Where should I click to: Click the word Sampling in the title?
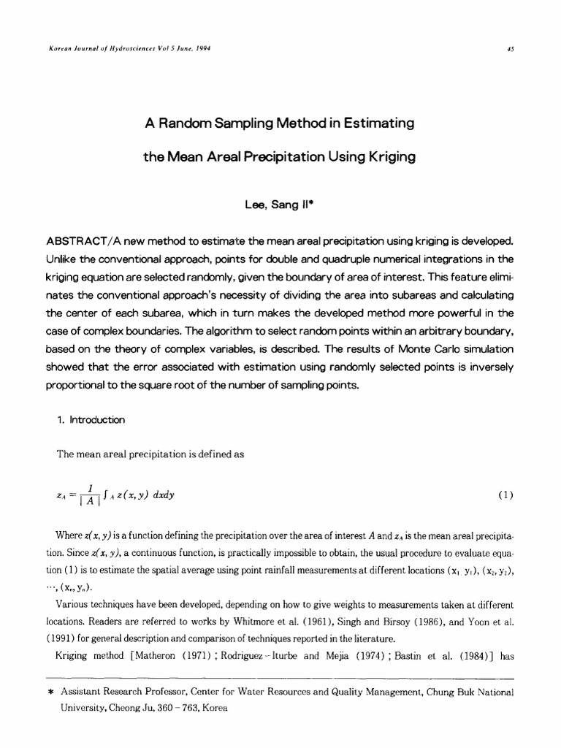[x=237, y=123]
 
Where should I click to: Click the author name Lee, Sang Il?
[x=280, y=206]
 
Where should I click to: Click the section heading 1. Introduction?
[x=91, y=420]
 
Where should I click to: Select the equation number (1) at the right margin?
[x=505, y=495]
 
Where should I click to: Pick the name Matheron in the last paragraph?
[x=173, y=655]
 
